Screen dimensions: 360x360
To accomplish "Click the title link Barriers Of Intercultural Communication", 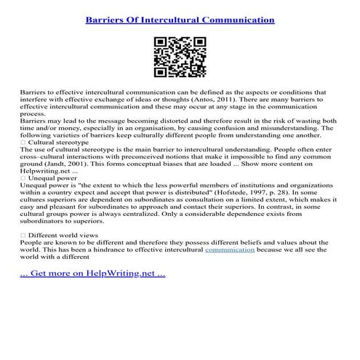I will [180, 19].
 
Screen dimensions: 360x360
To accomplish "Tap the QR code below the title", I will [180, 59].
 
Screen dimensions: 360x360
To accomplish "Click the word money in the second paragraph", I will [69, 129].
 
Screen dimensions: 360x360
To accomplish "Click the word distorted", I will [170, 121].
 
